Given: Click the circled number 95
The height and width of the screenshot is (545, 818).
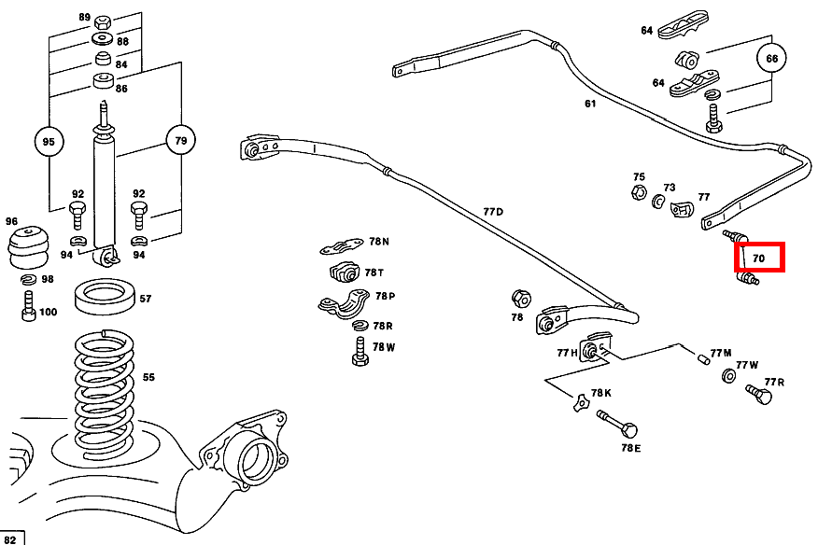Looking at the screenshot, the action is [x=49, y=141].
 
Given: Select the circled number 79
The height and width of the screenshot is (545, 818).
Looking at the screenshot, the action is [x=180, y=140].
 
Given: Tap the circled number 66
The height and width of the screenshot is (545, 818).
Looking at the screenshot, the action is [x=771, y=59].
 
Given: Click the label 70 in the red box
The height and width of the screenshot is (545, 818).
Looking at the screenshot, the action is [x=758, y=259].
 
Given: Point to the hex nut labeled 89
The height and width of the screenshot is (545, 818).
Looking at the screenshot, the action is [x=103, y=21].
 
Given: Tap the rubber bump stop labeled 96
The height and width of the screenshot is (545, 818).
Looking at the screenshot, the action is [x=28, y=247].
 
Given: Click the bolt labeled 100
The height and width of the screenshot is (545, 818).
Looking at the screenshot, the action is [x=29, y=307].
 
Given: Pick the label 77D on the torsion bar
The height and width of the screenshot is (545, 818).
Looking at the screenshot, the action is [x=493, y=211].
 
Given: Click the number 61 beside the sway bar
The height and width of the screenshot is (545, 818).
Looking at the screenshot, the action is [x=590, y=104].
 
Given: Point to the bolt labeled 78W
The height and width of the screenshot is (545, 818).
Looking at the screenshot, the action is [x=360, y=351].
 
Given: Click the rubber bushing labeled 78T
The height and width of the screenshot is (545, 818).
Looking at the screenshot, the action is [x=345, y=272].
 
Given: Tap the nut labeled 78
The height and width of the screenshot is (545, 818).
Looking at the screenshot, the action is [x=521, y=299].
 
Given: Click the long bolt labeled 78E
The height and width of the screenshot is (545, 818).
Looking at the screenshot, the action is [x=617, y=424].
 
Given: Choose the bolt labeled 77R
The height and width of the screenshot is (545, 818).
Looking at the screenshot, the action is [x=758, y=395].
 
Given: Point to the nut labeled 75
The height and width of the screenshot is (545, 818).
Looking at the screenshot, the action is [x=639, y=192].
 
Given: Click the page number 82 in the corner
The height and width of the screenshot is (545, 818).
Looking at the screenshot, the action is [x=10, y=538].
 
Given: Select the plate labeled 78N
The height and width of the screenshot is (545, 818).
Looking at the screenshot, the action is [x=342, y=246].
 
